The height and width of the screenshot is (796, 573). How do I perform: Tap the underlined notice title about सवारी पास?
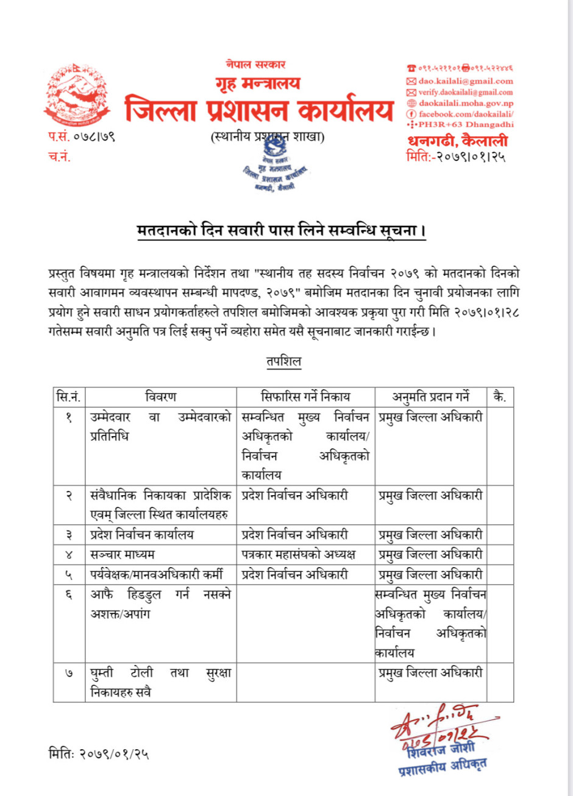pos(280,231)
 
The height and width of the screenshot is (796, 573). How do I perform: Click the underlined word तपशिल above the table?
pos(283,361)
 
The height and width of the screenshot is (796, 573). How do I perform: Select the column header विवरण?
pos(160,398)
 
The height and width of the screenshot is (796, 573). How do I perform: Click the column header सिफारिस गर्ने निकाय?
pos(305,398)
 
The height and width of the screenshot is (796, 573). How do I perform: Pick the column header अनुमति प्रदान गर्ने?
pos(430,398)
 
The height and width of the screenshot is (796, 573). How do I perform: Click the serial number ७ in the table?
pos(68,673)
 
